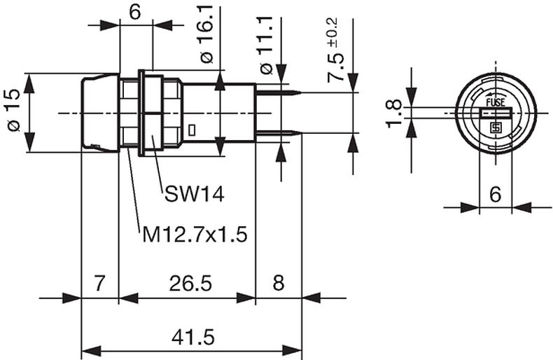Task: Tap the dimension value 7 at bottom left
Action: (100, 284)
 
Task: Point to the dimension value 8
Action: (278, 284)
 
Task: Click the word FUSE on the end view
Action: (496, 102)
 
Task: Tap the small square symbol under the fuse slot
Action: (496, 127)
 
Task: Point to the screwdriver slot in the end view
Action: (496, 113)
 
